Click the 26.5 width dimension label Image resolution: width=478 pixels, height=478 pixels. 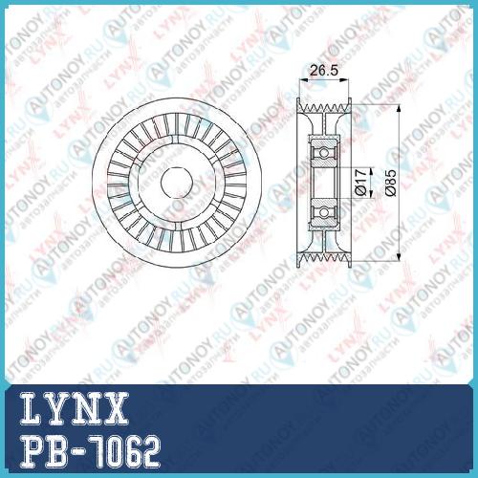click(324, 70)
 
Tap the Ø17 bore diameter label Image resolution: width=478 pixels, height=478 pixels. click(361, 182)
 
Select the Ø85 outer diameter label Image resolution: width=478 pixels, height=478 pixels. click(391, 183)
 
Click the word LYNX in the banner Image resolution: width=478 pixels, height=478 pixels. click(75, 409)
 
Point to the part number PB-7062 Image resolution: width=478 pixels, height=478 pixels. click(90, 452)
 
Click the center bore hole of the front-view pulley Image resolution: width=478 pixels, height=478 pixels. click(177, 182)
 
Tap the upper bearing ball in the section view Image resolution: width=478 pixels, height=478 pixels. click(324, 153)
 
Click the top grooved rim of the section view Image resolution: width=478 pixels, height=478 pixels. click(324, 106)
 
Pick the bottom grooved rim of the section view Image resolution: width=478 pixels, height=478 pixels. click(324, 259)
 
